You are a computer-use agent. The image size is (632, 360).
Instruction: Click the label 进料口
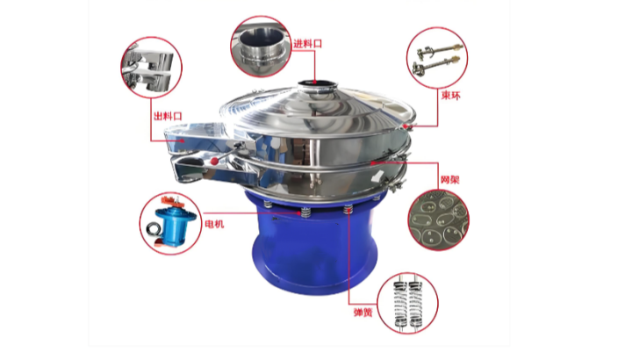307,44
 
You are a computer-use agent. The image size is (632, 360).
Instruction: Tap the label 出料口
168,116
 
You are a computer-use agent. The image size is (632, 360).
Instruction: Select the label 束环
450,95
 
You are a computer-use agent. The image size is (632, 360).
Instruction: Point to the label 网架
449,179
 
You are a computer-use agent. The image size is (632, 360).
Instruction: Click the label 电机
214,224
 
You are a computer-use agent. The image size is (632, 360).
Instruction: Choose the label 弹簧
363,312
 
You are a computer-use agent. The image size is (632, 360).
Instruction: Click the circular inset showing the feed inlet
261,47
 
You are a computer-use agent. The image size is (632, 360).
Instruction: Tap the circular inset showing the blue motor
171,223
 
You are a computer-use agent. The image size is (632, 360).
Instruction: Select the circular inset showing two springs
407,303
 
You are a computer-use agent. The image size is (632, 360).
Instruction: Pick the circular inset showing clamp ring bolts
437,58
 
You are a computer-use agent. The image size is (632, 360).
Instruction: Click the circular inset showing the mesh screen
438,220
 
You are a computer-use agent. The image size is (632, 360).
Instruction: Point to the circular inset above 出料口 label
152,67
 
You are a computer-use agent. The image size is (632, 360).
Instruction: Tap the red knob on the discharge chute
214,161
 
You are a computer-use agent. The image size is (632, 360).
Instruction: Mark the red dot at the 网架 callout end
373,163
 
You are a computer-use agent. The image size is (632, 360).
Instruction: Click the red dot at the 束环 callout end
405,126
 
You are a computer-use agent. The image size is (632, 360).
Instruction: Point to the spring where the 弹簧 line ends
348,210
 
